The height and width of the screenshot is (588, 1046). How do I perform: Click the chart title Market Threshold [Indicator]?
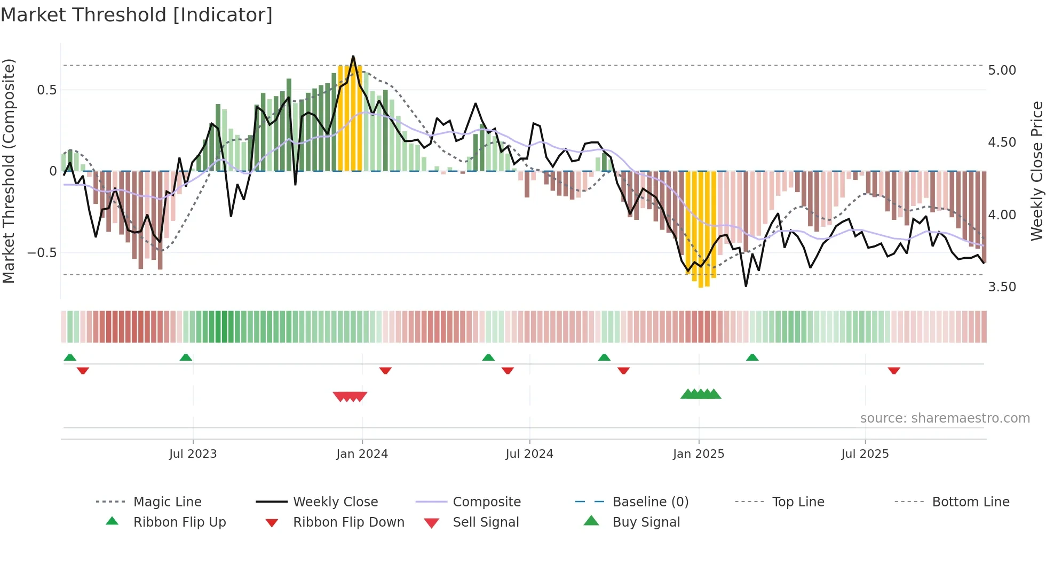pos(137,15)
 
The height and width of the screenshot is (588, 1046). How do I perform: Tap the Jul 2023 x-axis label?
pos(193,454)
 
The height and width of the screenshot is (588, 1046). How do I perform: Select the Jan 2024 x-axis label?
pos(362,454)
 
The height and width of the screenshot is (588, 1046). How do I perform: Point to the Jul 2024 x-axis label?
pos(529,454)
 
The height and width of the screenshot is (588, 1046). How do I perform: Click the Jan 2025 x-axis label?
pos(698,454)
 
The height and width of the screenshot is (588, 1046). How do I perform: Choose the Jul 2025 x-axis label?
pos(865,454)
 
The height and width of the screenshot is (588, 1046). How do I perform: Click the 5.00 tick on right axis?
pos(1002,70)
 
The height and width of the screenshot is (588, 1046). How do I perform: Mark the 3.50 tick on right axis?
pos(1002,287)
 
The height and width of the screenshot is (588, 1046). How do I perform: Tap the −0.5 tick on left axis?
pos(42,252)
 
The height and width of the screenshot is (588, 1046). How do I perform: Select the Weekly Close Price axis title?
pos(1036,171)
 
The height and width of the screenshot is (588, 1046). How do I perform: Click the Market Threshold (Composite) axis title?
pos(9,171)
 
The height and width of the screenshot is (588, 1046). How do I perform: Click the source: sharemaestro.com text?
pos(945,418)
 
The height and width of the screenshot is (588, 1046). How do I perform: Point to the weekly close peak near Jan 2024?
pos(353,57)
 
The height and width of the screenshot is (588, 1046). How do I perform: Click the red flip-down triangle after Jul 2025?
pos(894,371)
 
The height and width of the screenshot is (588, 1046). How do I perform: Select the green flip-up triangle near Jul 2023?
pos(186,357)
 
